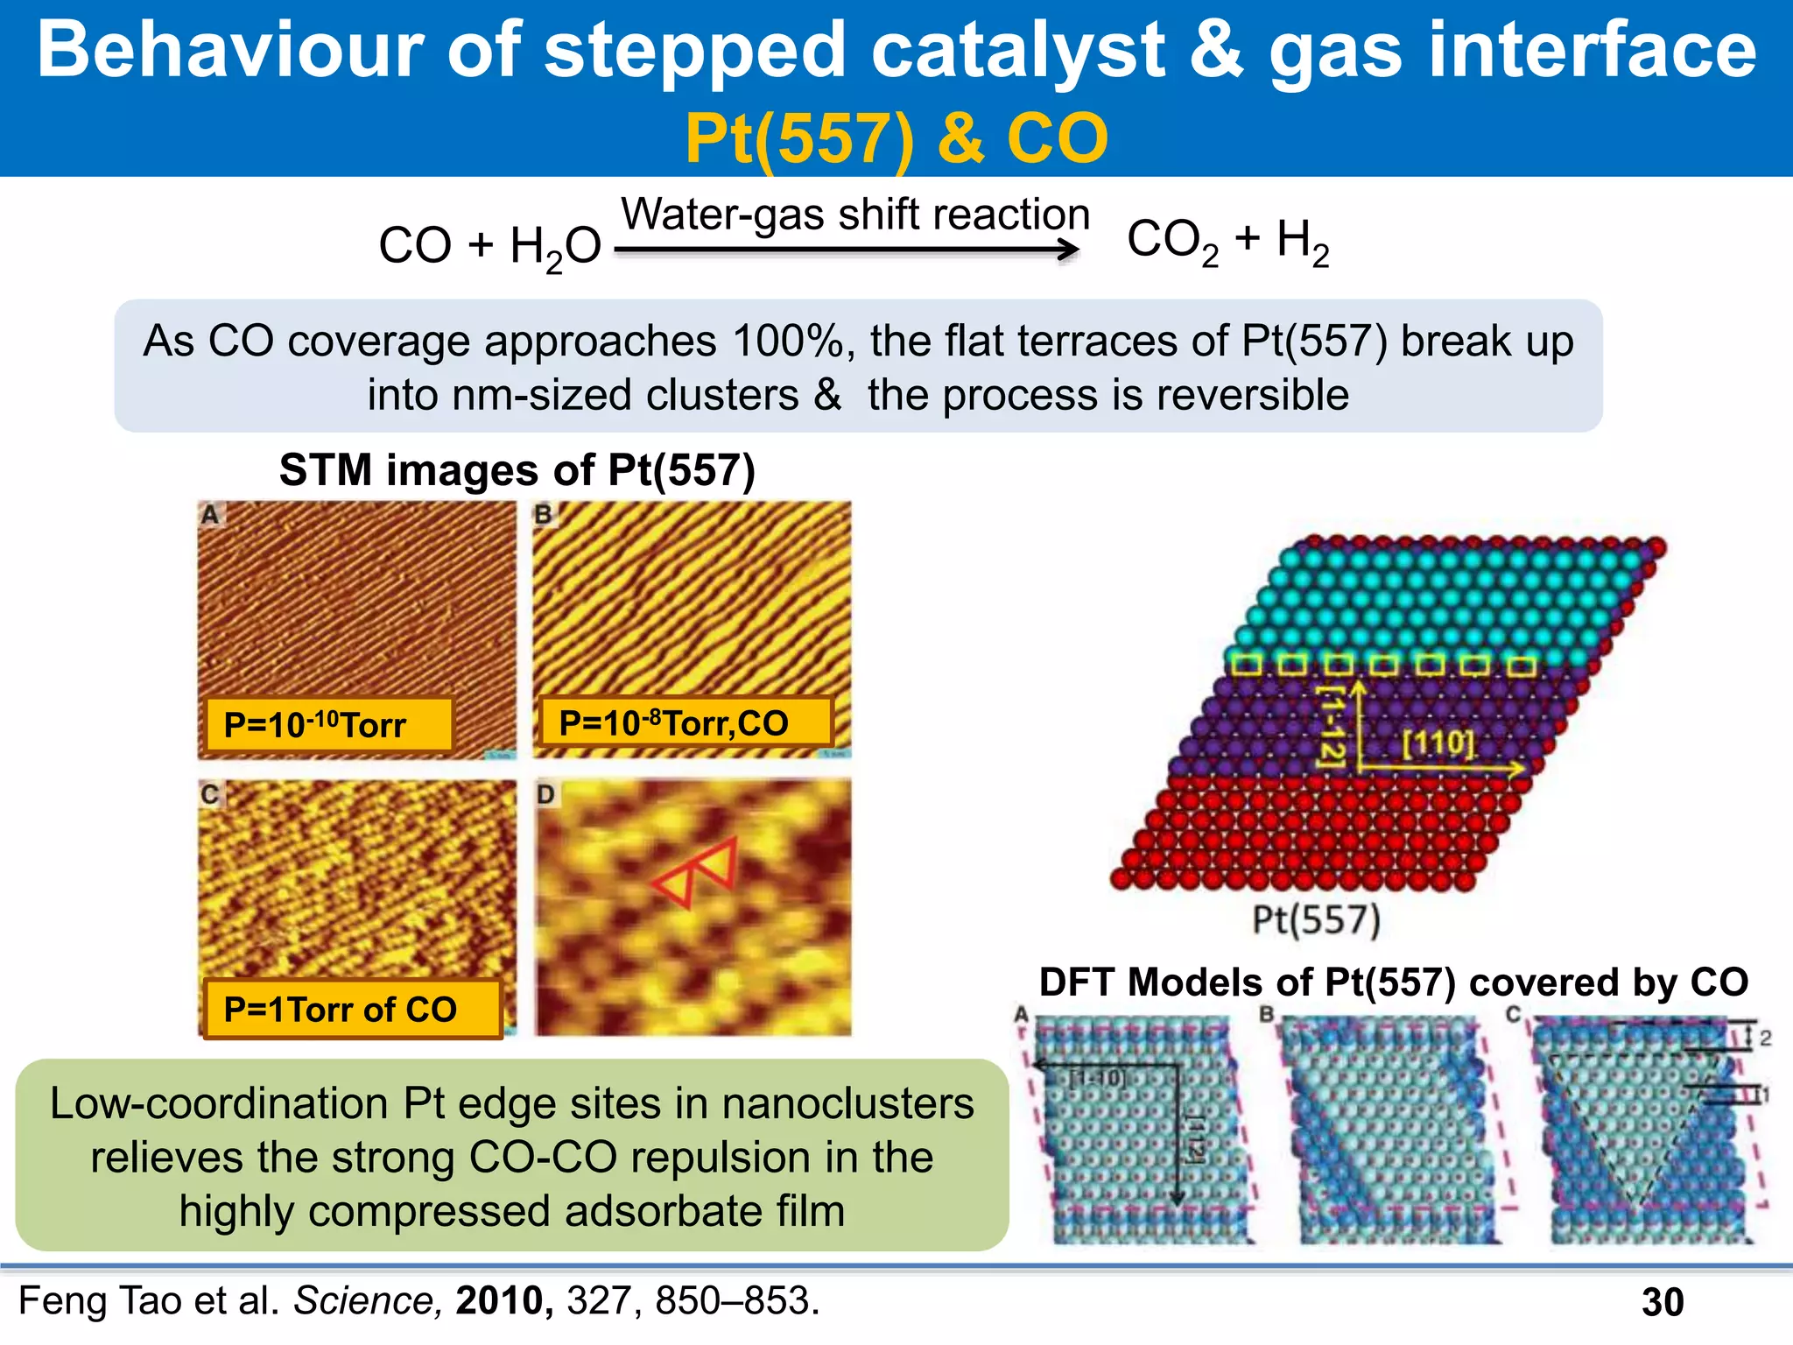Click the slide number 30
(1662, 1302)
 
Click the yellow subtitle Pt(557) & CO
(896, 138)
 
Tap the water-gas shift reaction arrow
(847, 250)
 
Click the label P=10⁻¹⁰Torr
(314, 725)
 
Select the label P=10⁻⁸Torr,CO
(673, 723)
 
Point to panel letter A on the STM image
(209, 515)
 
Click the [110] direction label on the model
(1438, 743)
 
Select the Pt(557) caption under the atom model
(1316, 920)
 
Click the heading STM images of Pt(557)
(517, 470)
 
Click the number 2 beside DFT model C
(1765, 1039)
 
